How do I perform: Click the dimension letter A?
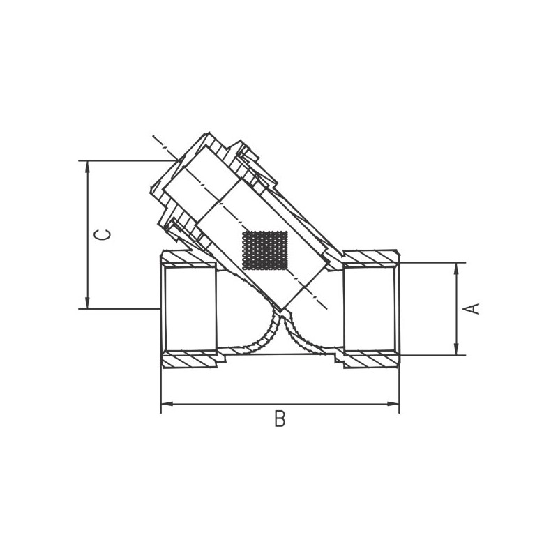click(471, 308)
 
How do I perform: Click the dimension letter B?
click(280, 418)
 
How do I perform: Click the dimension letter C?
click(102, 234)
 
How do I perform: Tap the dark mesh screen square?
click(264, 250)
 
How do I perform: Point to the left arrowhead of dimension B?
click(167, 404)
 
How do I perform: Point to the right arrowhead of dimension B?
click(393, 404)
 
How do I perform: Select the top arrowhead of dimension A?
click(457, 269)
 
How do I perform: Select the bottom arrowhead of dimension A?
click(457, 349)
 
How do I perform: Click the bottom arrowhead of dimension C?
click(87, 303)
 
